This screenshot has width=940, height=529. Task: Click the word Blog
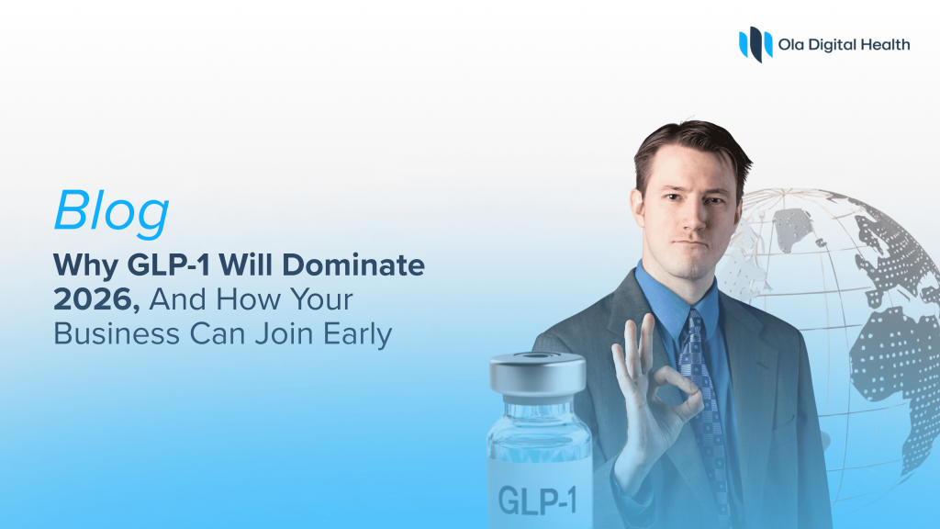coord(111,212)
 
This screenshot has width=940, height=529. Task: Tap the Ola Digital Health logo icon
coord(755,43)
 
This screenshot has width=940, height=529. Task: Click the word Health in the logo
coord(882,43)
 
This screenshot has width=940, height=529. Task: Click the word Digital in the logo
coord(832,43)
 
